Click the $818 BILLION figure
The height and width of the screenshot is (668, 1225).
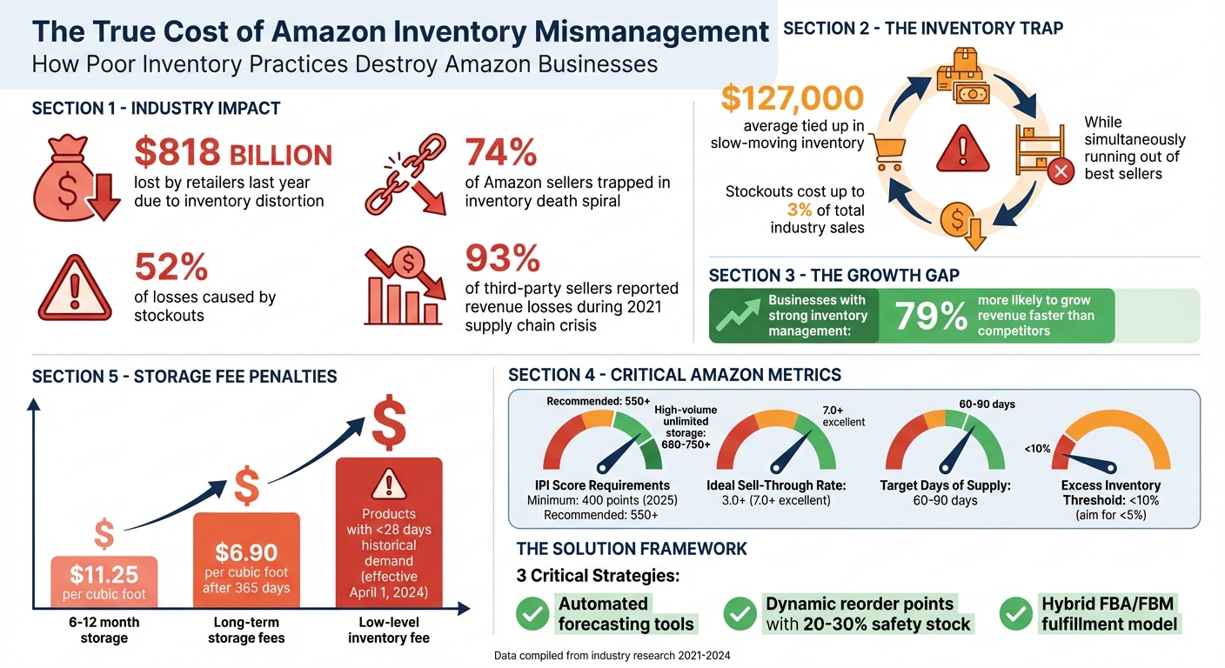pyautogui.click(x=232, y=153)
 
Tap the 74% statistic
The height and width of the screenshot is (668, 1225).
pyautogui.click(x=501, y=153)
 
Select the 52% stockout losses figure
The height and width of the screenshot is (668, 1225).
pyautogui.click(x=171, y=267)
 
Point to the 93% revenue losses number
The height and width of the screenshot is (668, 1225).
pyautogui.click(x=503, y=258)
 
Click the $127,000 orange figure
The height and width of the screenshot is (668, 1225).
pyautogui.click(x=792, y=99)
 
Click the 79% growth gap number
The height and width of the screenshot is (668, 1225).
pyautogui.click(x=930, y=317)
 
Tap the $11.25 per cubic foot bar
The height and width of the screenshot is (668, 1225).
pyautogui.click(x=104, y=582)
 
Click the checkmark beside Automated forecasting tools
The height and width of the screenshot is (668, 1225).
pyautogui.click(x=532, y=614)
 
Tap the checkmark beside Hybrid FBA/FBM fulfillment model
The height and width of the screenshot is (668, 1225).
pyautogui.click(x=1014, y=614)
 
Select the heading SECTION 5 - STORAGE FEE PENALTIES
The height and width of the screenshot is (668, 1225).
pyautogui.click(x=184, y=377)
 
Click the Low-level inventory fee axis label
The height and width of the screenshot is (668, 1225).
pyautogui.click(x=389, y=631)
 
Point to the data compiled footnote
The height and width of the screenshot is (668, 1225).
pyautogui.click(x=612, y=656)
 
